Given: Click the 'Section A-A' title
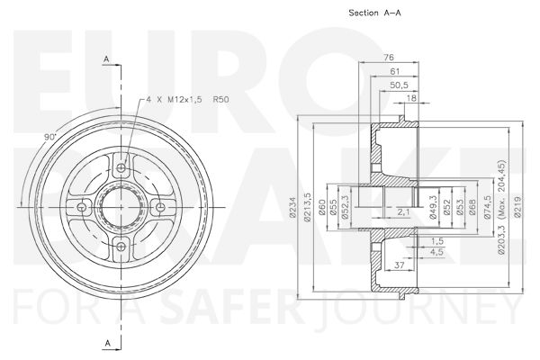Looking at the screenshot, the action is [374, 13].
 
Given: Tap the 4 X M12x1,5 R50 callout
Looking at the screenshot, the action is [188, 100].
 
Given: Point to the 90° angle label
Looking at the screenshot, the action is [50, 137].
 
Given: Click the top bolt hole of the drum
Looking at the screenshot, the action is [121, 167].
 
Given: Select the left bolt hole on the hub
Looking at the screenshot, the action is [82, 207].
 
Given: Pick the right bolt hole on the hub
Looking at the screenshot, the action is [160, 207].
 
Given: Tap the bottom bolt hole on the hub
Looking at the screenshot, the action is [121, 247].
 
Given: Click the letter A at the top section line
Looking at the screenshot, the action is [106, 59].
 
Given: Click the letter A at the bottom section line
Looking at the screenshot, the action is [108, 343].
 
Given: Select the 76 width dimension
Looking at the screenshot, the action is [389, 58].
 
